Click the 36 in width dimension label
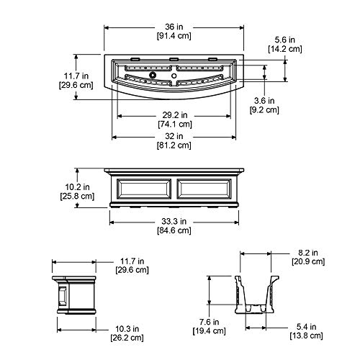coord(174,27)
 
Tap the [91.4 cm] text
coord(174,36)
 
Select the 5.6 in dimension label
coord(285,40)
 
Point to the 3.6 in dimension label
coord(264,101)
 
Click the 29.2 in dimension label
coord(175,115)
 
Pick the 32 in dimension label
coord(174,136)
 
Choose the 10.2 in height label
coord(77,186)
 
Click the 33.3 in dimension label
coord(174,221)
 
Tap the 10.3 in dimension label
coord(127,328)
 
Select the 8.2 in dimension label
coord(308,253)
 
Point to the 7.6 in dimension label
coord(210,322)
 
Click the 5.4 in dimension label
coord(306,327)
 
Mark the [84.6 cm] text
coord(174,230)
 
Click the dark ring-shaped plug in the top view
coord(153,75)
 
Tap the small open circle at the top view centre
coord(174,76)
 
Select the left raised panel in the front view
coord(144,189)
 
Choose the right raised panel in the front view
coord(204,189)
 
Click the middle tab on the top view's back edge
coord(174,59)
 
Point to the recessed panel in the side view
coord(63,296)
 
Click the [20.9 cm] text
coord(308,261)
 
